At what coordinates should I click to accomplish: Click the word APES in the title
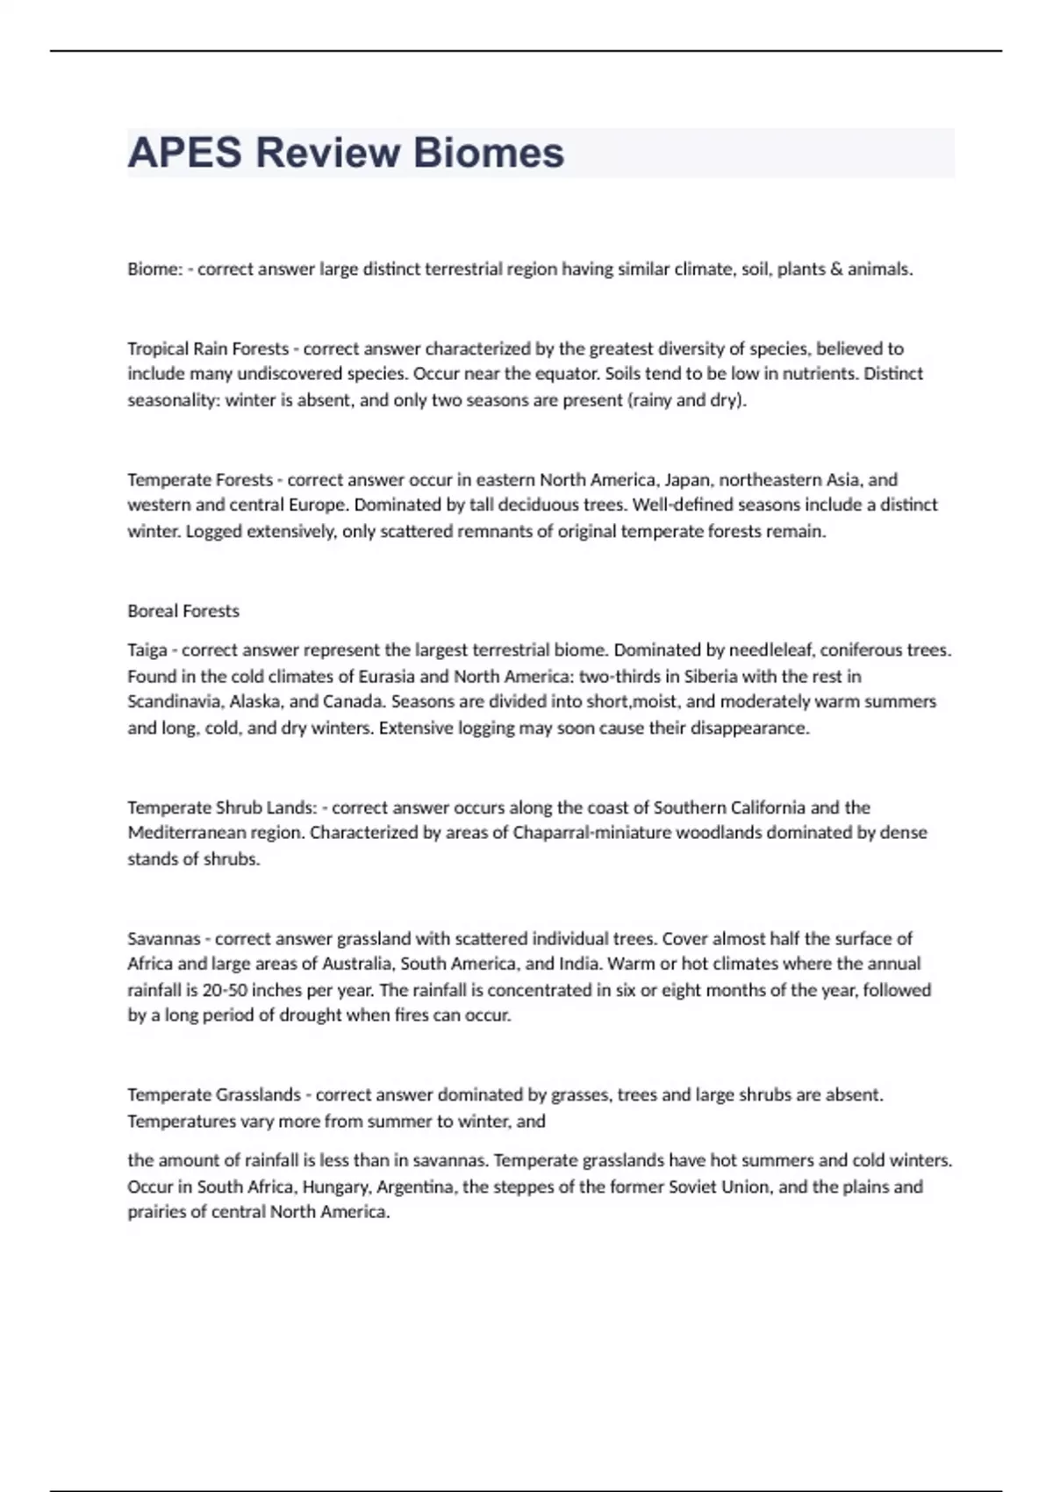coord(184,153)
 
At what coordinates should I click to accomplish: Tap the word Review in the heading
coord(327,153)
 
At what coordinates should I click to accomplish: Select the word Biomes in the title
coord(489,153)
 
